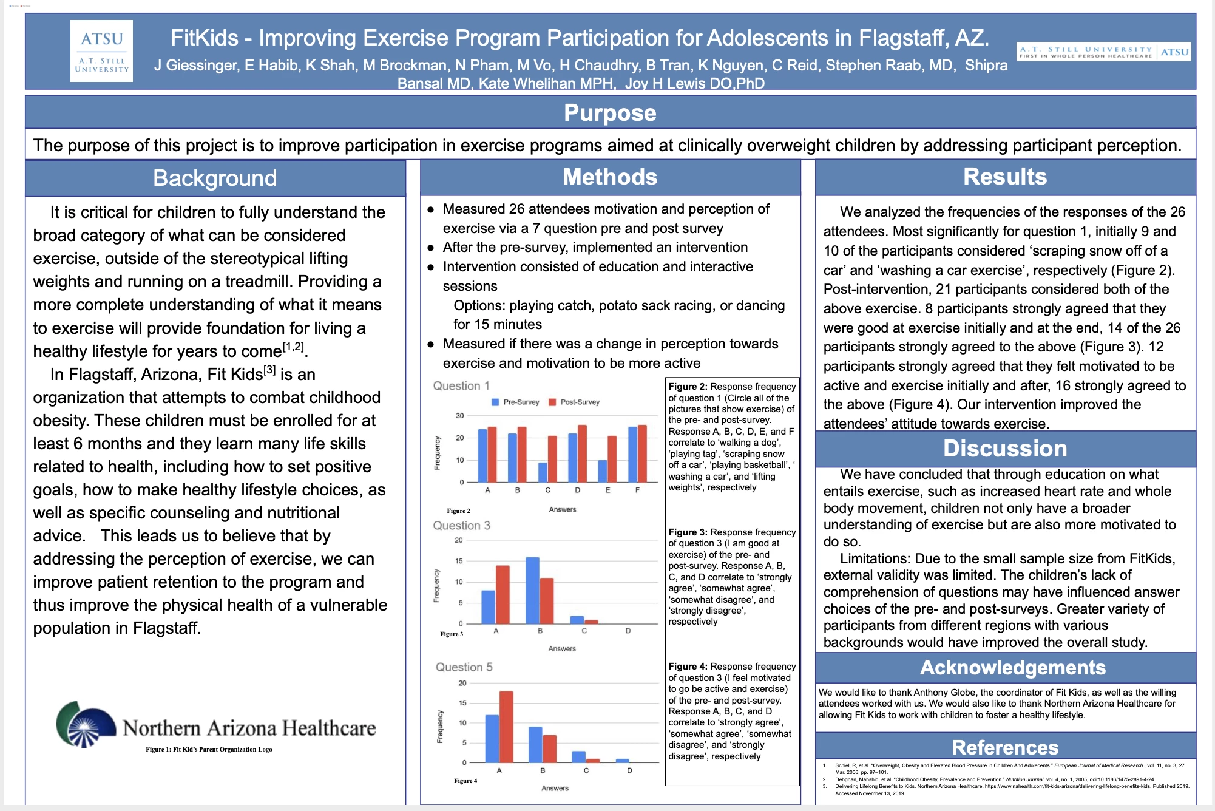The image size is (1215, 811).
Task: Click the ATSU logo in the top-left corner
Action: (x=101, y=51)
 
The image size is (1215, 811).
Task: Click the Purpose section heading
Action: (x=610, y=113)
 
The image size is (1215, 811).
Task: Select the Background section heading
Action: (x=215, y=178)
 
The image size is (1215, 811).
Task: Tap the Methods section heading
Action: (x=610, y=177)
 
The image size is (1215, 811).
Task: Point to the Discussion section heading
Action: (x=1005, y=449)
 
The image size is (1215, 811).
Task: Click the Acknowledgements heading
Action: (x=1012, y=668)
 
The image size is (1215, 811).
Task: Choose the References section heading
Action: (x=1005, y=747)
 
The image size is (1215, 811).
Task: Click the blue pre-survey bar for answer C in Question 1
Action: (x=543, y=472)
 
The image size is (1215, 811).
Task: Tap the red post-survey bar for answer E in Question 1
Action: (x=612, y=459)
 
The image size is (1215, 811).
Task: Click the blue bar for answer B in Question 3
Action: (x=532, y=590)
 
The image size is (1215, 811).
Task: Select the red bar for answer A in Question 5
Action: (x=506, y=726)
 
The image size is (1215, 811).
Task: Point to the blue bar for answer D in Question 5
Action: (x=623, y=761)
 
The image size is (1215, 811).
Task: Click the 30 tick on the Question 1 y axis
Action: (x=459, y=416)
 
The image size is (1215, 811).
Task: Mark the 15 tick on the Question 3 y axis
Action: (x=459, y=561)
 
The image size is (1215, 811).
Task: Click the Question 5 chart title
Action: (x=464, y=667)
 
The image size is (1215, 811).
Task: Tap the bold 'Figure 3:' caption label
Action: (x=688, y=532)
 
